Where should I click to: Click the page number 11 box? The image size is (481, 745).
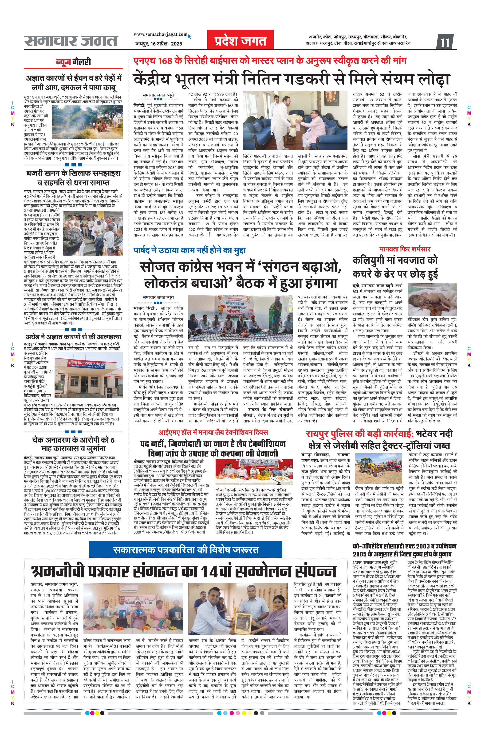[x=445, y=42]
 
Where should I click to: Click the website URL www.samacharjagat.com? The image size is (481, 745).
[x=161, y=35]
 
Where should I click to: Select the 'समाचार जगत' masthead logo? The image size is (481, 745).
[x=71, y=41]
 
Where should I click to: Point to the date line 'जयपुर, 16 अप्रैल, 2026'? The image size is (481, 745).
[x=159, y=44]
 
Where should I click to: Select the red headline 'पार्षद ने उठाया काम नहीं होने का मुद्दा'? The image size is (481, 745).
[x=189, y=250]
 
